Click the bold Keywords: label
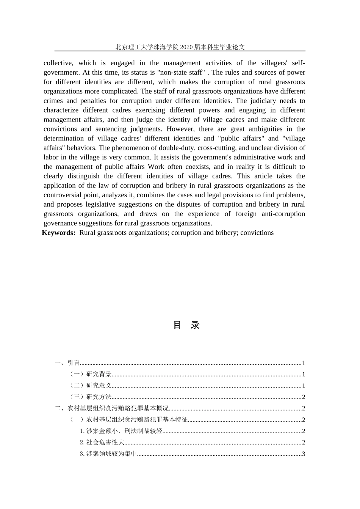59,233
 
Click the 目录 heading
186,325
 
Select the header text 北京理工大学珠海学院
147,47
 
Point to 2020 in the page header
186,47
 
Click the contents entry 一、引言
67,363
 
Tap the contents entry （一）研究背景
90,374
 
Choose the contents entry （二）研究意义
90,386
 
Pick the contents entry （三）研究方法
90,397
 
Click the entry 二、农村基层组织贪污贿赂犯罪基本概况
111,408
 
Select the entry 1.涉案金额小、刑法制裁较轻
121,431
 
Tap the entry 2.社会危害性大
102,442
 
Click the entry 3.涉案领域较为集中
108,454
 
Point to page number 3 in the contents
304,454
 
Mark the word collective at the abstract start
59,63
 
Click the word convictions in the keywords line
257,233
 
